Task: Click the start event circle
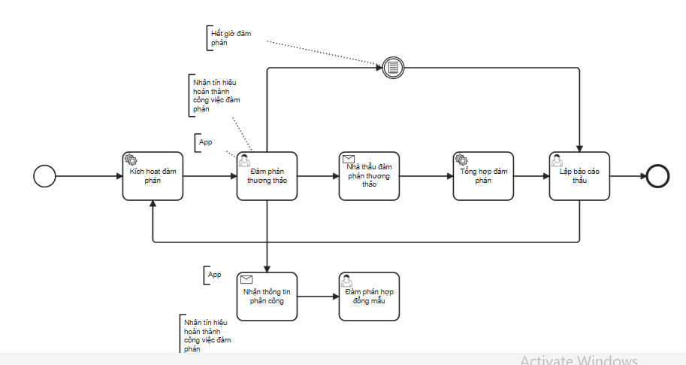click(x=45, y=176)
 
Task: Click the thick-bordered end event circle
click(x=657, y=176)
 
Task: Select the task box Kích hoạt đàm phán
click(x=153, y=176)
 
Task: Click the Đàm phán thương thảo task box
click(x=267, y=176)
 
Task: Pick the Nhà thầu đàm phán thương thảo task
click(x=369, y=176)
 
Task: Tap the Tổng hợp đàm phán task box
click(x=483, y=176)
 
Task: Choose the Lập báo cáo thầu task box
click(x=579, y=176)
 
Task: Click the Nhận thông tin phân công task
click(x=267, y=296)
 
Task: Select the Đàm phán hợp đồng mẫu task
click(x=369, y=296)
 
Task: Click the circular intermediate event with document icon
click(x=392, y=68)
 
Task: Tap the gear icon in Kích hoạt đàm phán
click(x=131, y=160)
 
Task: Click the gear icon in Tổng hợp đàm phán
click(x=461, y=160)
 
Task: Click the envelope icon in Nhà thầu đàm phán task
click(x=349, y=159)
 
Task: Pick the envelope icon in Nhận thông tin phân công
click(x=246, y=279)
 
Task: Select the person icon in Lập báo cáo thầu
click(x=558, y=160)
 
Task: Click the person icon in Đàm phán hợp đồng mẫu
click(x=347, y=280)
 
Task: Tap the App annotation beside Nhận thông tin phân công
click(x=215, y=275)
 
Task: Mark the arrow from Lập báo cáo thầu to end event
click(x=627, y=176)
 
